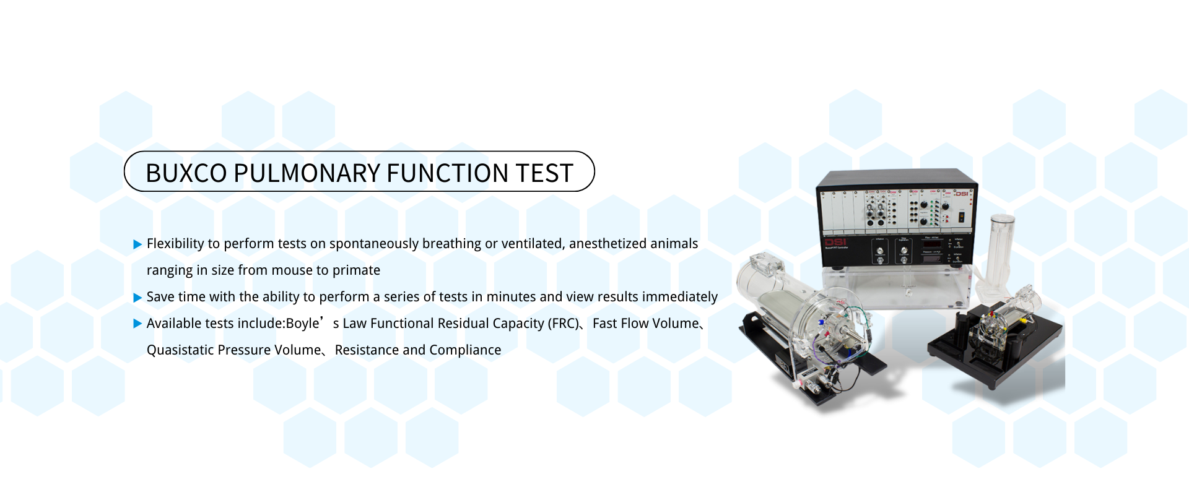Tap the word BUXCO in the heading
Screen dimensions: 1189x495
point(186,173)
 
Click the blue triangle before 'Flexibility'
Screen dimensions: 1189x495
point(138,244)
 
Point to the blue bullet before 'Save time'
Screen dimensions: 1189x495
point(138,298)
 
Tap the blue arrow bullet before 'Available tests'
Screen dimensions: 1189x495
point(138,324)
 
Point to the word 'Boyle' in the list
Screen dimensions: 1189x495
point(303,324)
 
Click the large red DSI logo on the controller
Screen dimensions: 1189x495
point(835,242)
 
